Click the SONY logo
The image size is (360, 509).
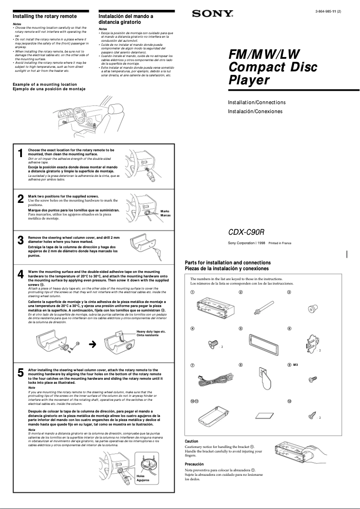(213, 14)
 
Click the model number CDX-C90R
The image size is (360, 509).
(246, 232)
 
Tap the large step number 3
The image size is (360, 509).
(20, 240)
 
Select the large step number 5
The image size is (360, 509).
(20, 373)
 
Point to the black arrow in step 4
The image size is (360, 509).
(93, 344)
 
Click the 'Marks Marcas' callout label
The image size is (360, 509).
(165, 213)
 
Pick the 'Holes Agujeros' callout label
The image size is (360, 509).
(143, 478)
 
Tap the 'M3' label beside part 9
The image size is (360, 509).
(296, 365)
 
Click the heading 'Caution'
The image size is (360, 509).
(192, 441)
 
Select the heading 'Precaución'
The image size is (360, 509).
(194, 464)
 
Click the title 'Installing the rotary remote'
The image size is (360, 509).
(44, 16)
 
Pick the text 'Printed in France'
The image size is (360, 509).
(280, 243)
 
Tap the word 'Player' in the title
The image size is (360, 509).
(249, 80)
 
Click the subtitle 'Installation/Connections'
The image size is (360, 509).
(257, 102)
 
